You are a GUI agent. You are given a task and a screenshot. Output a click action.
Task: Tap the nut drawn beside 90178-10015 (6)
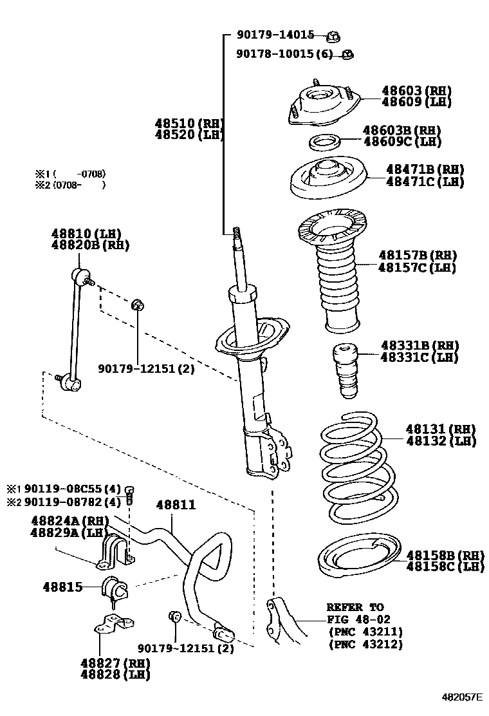(x=347, y=54)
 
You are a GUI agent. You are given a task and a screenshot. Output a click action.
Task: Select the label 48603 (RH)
(x=416, y=91)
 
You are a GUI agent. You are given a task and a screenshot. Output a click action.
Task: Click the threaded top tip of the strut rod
(x=237, y=234)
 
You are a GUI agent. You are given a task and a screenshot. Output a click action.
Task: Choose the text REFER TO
(x=355, y=607)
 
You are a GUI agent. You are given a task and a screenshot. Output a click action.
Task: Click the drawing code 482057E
(x=461, y=697)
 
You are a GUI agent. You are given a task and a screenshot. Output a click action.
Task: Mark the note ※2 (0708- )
(x=69, y=185)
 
